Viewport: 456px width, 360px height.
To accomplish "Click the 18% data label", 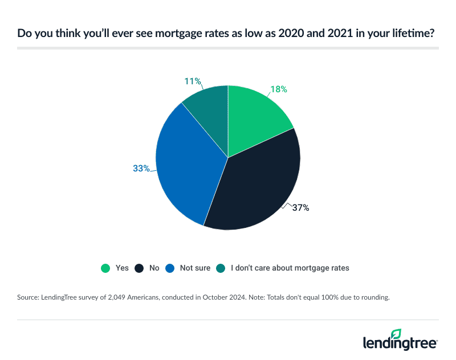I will (x=279, y=89).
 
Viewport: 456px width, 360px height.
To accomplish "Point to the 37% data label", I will (x=301, y=208).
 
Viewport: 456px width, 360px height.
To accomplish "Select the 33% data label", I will (x=141, y=168).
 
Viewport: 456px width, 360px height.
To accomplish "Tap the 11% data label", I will (x=192, y=81).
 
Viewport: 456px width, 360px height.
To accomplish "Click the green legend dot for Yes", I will (x=105, y=268).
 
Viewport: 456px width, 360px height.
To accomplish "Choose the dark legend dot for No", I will (x=139, y=268).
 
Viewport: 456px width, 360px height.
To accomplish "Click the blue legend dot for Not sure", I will (x=169, y=268).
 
